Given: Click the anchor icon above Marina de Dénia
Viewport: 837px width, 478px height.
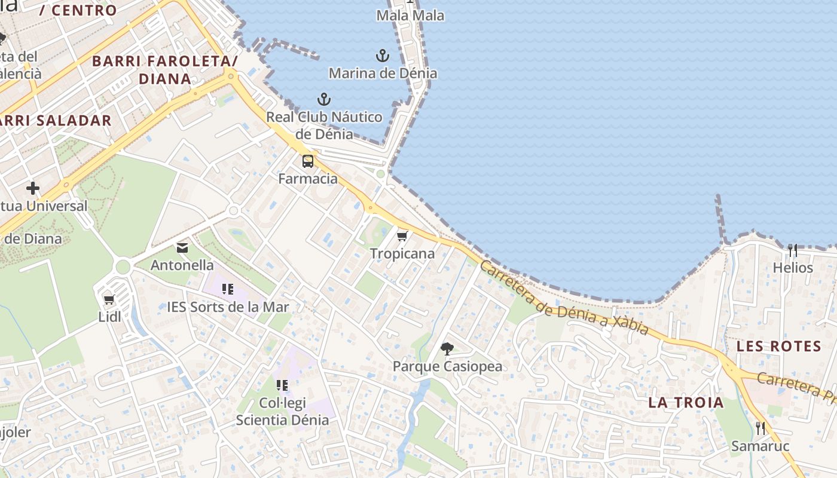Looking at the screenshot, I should [x=382, y=56].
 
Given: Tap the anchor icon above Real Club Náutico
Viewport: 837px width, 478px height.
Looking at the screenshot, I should [x=323, y=99].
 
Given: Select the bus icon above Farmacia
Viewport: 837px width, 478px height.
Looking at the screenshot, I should [x=308, y=161].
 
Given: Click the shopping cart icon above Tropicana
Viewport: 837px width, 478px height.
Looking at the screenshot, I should [x=402, y=237].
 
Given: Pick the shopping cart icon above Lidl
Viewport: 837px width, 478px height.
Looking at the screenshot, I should [x=109, y=300].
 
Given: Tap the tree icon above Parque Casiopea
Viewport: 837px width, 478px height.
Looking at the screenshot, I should [x=447, y=349].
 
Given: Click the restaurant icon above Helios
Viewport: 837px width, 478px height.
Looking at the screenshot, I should [x=793, y=250].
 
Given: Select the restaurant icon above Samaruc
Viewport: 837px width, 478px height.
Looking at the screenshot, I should [x=760, y=428].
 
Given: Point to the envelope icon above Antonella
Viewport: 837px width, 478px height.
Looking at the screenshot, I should [x=182, y=248].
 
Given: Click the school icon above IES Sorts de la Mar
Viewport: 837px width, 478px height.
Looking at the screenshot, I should [x=227, y=290].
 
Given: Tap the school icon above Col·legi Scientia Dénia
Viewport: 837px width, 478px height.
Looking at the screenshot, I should [x=282, y=385].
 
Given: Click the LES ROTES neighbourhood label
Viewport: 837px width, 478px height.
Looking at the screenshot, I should [x=778, y=346].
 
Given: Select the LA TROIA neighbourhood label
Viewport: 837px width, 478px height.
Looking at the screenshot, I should [x=686, y=403].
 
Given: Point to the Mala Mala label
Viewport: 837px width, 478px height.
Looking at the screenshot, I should [x=410, y=16].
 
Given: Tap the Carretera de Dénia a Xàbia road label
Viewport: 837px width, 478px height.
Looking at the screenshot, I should [x=564, y=299].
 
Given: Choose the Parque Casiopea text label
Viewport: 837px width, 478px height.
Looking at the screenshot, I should [x=447, y=366].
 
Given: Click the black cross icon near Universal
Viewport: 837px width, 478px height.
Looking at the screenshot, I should [x=32, y=189].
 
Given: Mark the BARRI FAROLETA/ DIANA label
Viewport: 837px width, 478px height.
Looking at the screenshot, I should [x=164, y=69].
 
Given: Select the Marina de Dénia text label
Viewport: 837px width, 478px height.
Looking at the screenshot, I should [x=383, y=73].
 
